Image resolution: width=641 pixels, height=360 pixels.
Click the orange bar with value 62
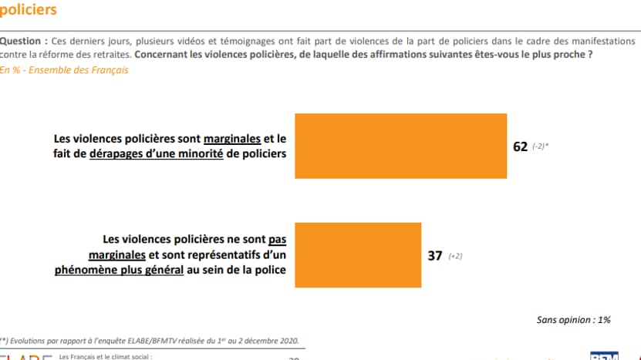401,146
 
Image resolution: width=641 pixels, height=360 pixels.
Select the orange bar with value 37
358,255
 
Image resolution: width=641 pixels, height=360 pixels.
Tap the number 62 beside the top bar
520,146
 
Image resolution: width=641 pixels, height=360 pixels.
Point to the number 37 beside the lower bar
434,256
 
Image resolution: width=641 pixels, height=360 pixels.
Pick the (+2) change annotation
456,257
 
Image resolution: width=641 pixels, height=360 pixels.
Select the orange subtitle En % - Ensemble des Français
64,70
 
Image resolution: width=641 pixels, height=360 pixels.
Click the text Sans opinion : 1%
574,319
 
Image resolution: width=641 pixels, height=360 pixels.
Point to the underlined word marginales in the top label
232,140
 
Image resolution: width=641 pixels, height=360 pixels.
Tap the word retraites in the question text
110,55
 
